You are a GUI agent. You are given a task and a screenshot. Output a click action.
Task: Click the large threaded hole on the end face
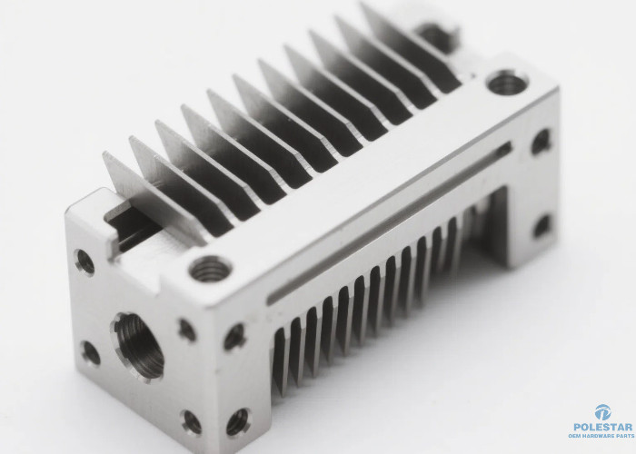coord(138,347)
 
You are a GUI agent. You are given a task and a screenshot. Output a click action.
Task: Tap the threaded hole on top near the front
coord(210,269)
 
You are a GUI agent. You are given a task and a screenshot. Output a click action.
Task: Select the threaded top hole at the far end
coord(507,83)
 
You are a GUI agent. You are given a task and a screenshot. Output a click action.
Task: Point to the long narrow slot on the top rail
coord(390,222)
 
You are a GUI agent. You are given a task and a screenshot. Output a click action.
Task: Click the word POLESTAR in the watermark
coord(603,427)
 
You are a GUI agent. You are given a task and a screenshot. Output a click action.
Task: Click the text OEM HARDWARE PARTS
coord(601,436)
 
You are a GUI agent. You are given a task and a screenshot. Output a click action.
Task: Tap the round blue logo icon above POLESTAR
coord(602,412)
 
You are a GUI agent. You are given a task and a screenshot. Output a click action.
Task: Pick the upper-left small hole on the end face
coord(84,262)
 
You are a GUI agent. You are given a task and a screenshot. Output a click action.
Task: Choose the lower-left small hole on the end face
coord(91,353)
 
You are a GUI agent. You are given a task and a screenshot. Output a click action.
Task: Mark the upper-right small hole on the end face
coord(187,330)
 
